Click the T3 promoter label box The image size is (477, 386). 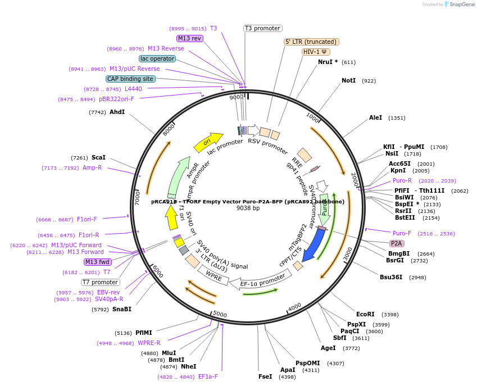coord(262,28)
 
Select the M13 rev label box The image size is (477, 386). coord(189,38)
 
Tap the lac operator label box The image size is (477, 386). coord(157,58)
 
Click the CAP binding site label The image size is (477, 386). coord(130,79)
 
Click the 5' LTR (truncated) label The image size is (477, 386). coord(311,42)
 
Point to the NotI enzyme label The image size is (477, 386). coord(348,81)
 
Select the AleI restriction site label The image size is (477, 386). coord(375,118)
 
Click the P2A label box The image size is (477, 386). coord(397,243)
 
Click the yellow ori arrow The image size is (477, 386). coord(207,143)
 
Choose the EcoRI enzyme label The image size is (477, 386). coord(365,314)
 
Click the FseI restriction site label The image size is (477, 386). coord(265,376)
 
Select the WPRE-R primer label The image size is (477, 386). coord(149,343)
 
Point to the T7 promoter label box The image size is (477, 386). coord(101,282)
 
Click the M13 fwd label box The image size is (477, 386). coord(97,262)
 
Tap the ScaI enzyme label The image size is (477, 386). coord(98,158)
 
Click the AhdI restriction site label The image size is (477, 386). coord(117,112)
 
